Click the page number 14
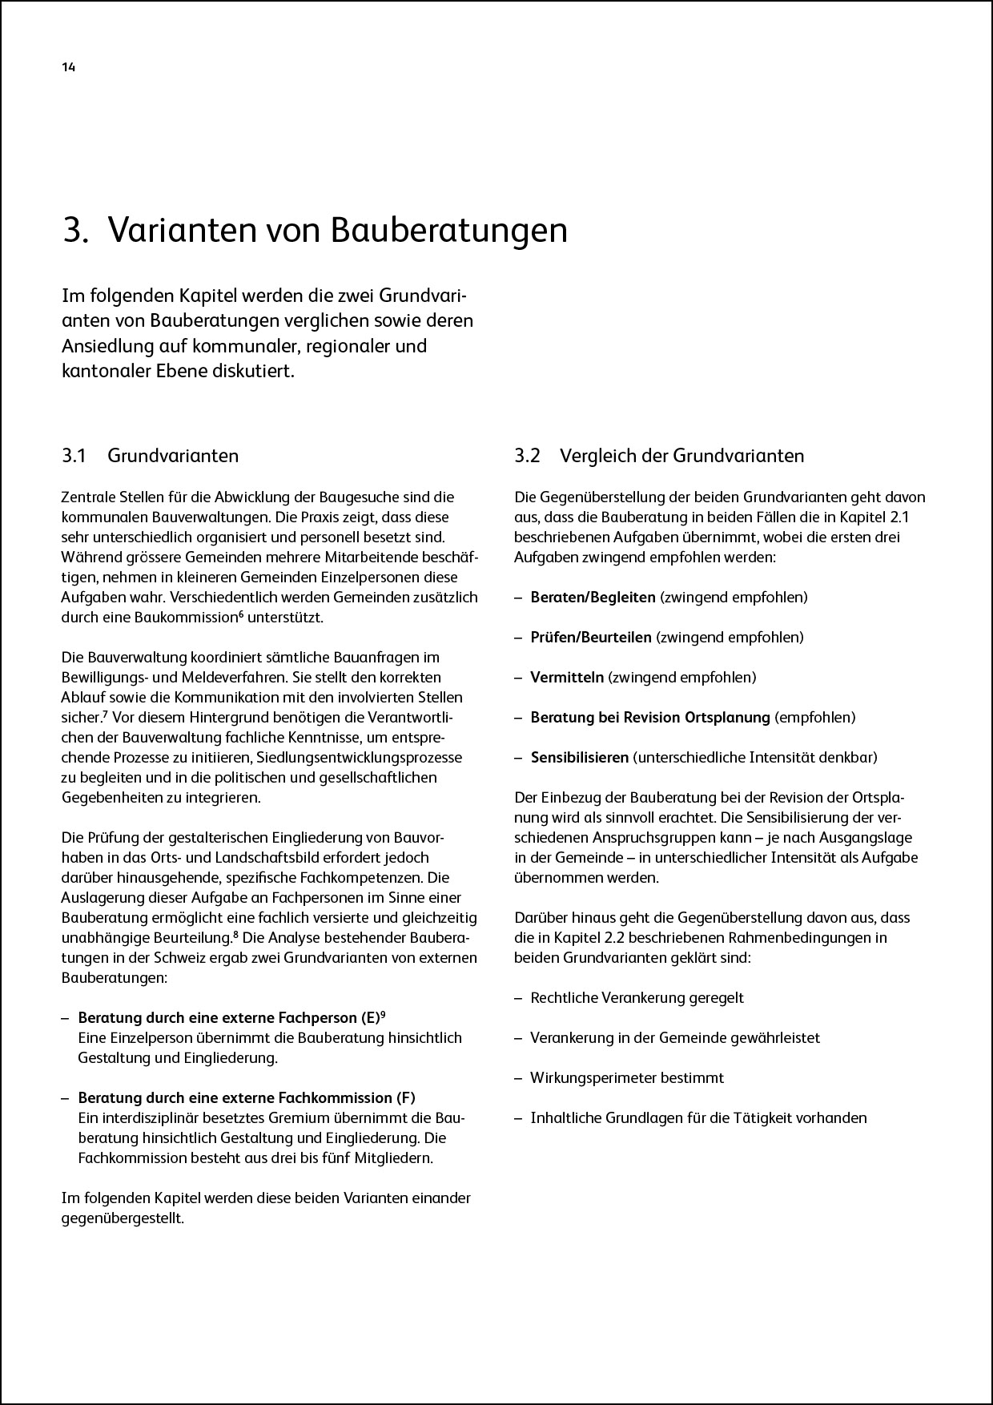(68, 68)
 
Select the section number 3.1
(74, 456)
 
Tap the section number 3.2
(528, 456)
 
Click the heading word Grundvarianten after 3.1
(173, 456)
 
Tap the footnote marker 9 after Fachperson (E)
(383, 1014)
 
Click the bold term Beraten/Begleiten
(593, 597)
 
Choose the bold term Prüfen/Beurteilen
(591, 637)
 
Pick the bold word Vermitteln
(567, 677)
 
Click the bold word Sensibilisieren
(580, 757)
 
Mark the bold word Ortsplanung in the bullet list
(730, 717)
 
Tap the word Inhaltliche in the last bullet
(565, 1117)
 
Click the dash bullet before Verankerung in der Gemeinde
(518, 1037)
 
